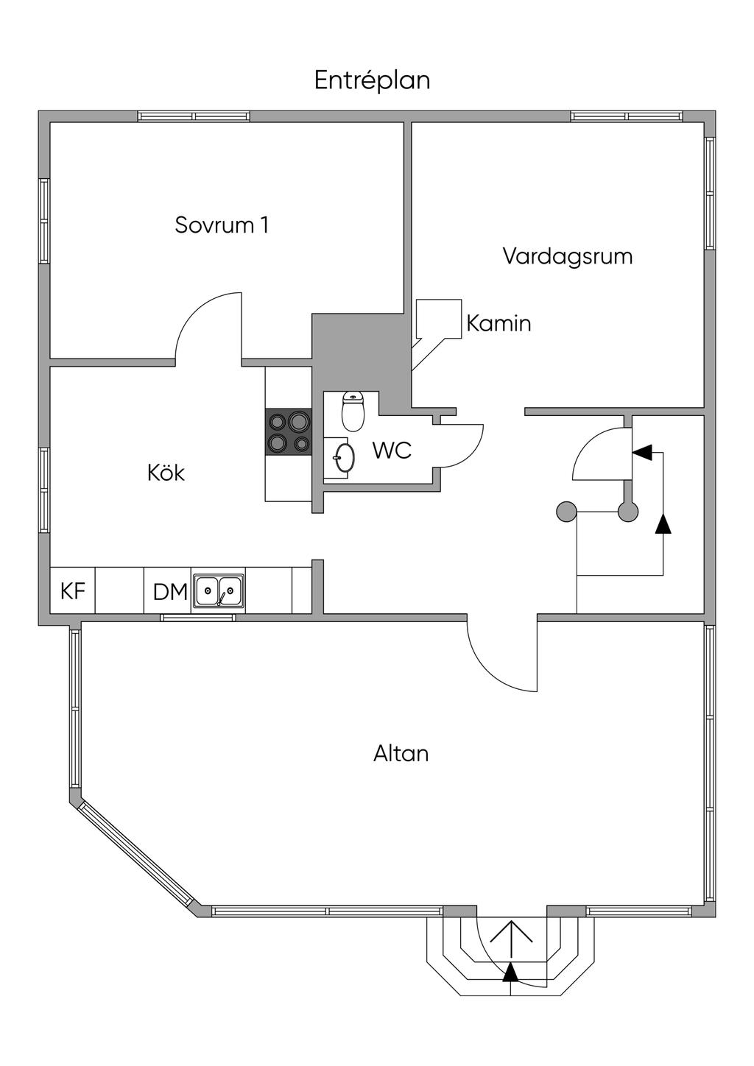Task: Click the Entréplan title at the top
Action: [372, 80]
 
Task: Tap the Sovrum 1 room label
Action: [221, 225]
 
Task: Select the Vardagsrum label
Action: [567, 256]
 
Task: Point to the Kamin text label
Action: [498, 323]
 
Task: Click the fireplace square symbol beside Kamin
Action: [439, 318]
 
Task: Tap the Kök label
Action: [166, 473]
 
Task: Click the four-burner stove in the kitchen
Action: [289, 432]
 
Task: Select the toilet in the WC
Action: [353, 412]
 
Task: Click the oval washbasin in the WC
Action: [343, 457]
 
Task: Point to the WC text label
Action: [391, 451]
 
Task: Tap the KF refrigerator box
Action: [72, 590]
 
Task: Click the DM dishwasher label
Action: [169, 592]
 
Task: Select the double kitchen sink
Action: [219, 590]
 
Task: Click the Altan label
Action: [401, 754]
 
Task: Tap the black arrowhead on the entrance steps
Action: [510, 973]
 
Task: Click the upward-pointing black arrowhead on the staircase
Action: [663, 523]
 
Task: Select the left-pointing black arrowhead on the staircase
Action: [642, 452]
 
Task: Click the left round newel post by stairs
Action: [565, 511]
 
